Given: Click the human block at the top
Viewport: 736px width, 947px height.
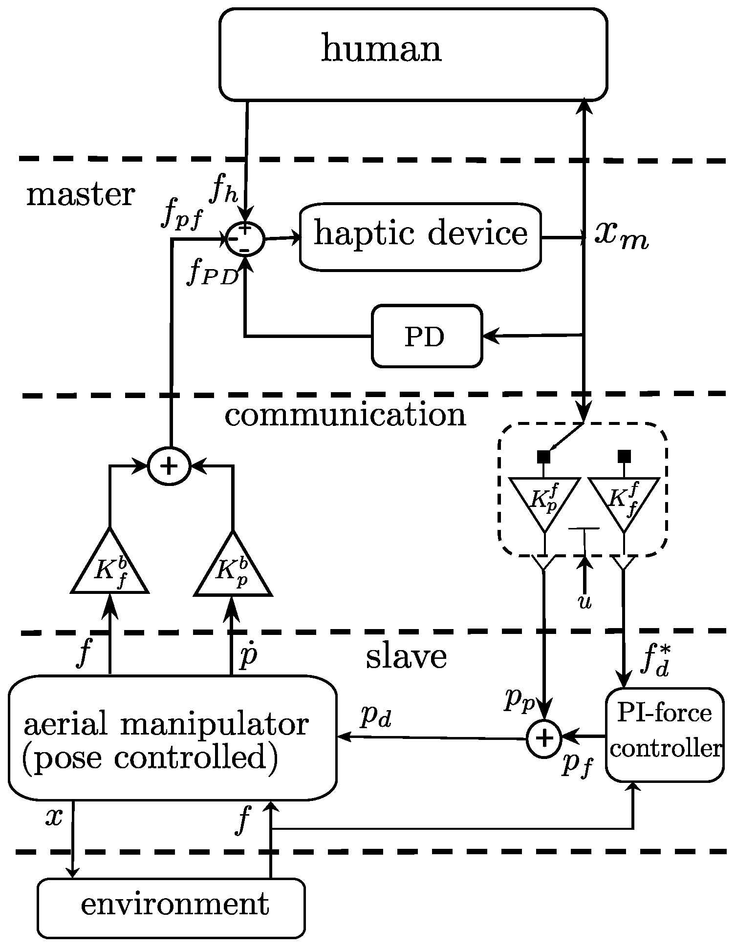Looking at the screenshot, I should pyautogui.click(x=413, y=54).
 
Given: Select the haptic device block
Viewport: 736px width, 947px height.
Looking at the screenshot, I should pyautogui.click(x=420, y=236).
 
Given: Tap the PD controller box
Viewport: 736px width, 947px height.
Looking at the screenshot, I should pyautogui.click(x=426, y=336).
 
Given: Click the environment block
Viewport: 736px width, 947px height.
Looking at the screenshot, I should pyautogui.click(x=171, y=907).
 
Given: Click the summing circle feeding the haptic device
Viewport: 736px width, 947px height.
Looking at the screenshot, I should pyautogui.click(x=245, y=239).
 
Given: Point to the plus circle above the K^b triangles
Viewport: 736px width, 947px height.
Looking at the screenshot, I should pyautogui.click(x=169, y=466).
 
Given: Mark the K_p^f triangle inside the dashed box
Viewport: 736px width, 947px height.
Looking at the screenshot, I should pyautogui.click(x=544, y=501).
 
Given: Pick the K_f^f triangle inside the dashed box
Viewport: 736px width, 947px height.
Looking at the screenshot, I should pyautogui.click(x=623, y=501).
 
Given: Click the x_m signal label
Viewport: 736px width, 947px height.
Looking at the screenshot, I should pyautogui.click(x=621, y=237).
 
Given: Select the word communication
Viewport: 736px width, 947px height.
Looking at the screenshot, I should pyautogui.click(x=345, y=416).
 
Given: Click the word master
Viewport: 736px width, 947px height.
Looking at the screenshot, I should pyautogui.click(x=80, y=195).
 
